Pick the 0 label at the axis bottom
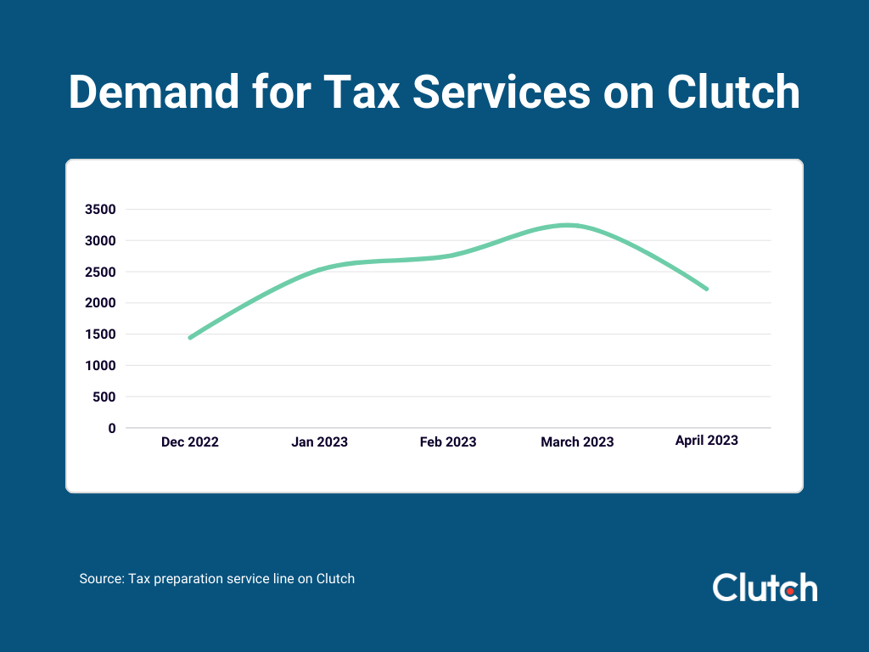[111, 429]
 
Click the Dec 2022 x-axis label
[190, 442]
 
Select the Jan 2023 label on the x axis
[319, 442]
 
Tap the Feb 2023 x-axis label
[448, 442]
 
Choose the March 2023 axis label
[577, 442]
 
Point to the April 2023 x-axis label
[706, 441]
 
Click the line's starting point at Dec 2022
[190, 338]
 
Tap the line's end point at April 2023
[706, 289]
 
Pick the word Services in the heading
[502, 92]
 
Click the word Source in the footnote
[101, 579]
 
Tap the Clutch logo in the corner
[765, 587]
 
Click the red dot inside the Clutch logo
[788, 590]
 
